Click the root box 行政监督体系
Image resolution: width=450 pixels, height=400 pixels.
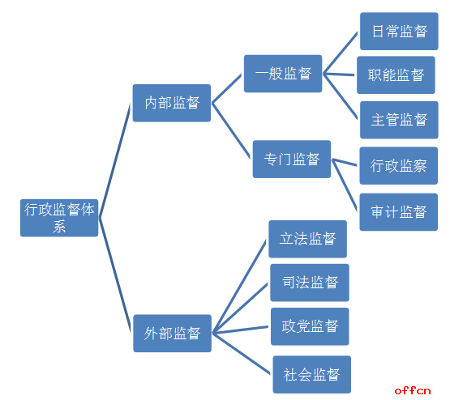point(59,218)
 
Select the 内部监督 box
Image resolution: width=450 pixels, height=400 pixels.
point(172,103)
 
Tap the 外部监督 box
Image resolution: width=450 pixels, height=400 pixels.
point(172,334)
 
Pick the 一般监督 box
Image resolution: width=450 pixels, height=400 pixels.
point(283,74)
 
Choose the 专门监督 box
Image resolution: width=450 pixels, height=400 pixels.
point(292,159)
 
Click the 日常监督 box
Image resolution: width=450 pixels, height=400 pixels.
point(399,31)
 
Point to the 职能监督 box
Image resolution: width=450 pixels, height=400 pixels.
point(396,74)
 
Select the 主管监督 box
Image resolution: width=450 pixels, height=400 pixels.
point(399,120)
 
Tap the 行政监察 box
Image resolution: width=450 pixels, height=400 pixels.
point(399,166)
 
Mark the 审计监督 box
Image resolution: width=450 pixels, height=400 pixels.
point(399,212)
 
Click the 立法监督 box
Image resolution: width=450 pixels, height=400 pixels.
point(307,239)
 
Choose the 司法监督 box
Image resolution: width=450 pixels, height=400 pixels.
point(310,283)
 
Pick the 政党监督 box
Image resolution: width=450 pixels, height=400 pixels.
point(310,326)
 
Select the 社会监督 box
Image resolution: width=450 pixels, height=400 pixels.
point(312,375)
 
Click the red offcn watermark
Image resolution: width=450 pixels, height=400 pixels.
point(413,391)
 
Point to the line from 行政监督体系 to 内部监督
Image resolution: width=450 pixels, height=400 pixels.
point(115,160)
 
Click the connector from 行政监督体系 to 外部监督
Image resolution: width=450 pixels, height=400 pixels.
point(115,275)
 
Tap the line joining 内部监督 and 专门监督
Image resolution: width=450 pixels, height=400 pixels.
point(231,130)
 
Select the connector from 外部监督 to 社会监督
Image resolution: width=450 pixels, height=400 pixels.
point(242,353)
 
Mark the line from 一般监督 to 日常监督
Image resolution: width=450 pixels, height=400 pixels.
point(341,53)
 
